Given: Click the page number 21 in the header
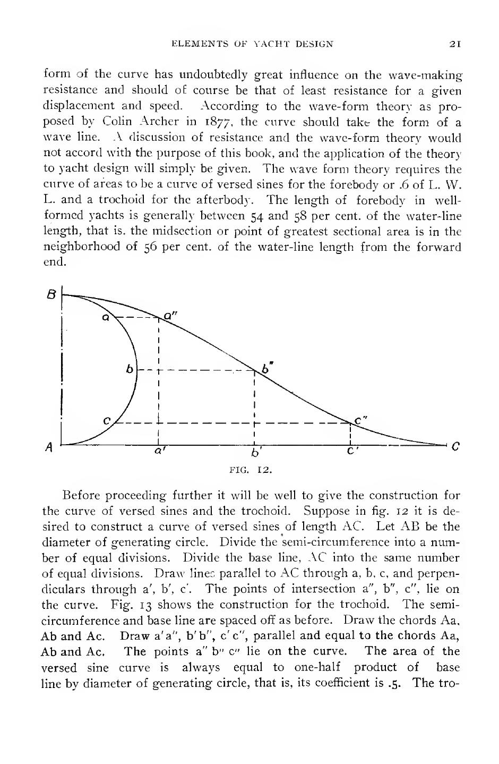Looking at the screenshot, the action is tap(454, 45).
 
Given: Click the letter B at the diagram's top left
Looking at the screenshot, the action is tap(52, 293).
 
